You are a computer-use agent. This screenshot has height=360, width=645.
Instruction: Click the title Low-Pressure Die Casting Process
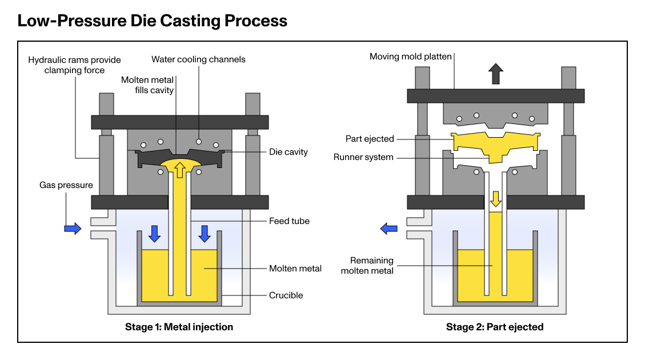click(x=152, y=21)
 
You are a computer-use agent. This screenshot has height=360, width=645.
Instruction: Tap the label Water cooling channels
click(x=198, y=59)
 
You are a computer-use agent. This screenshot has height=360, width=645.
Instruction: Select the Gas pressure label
click(x=66, y=185)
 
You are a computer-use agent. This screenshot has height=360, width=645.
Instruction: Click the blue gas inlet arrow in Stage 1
click(x=73, y=229)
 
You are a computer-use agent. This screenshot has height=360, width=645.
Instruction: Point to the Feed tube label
click(x=289, y=221)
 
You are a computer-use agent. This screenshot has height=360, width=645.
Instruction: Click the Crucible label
click(x=286, y=295)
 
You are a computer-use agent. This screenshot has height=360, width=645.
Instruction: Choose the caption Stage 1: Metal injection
click(x=179, y=327)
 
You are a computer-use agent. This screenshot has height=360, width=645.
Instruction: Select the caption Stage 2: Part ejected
click(x=494, y=327)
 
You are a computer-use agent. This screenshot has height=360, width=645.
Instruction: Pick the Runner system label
click(x=364, y=157)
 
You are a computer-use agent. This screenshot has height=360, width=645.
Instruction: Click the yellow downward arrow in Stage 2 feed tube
click(x=495, y=199)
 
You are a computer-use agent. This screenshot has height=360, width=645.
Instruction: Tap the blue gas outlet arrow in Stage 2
click(x=389, y=229)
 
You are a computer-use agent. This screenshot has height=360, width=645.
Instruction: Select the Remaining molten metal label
click(x=367, y=266)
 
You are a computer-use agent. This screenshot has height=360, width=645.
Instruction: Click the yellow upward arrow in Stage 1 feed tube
click(x=180, y=169)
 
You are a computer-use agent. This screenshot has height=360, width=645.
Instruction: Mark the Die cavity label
click(x=289, y=152)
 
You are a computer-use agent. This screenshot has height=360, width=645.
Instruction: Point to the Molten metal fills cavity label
click(x=147, y=85)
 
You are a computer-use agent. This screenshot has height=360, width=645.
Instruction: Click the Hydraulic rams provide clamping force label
click(x=75, y=65)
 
